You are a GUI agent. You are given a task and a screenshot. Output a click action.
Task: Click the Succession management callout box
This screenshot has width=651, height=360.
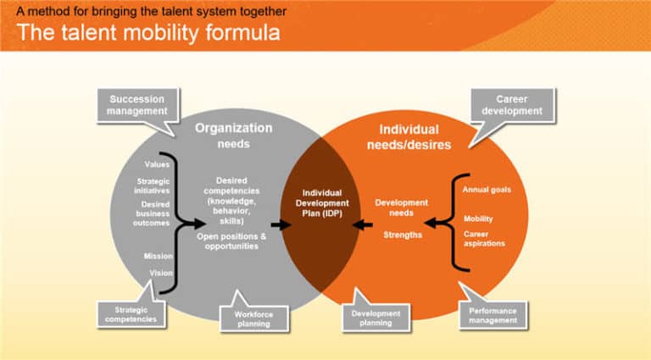(x=137, y=105)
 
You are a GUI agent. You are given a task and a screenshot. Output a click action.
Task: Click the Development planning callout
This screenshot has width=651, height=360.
(x=376, y=317)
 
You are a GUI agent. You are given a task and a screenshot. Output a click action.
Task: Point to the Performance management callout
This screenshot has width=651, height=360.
(x=492, y=315)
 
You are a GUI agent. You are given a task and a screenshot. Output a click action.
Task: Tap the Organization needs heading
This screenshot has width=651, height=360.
(x=234, y=136)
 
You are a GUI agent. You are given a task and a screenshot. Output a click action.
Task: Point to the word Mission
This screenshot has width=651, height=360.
(x=159, y=256)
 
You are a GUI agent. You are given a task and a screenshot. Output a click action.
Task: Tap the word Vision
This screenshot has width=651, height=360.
(x=161, y=273)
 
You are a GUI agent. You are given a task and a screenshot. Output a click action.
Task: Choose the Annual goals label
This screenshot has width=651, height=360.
(x=487, y=190)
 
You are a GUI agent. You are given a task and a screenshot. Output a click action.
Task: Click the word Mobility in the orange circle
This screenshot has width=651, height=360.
(x=478, y=219)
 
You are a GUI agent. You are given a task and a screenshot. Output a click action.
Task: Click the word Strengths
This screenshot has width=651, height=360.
(x=402, y=235)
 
